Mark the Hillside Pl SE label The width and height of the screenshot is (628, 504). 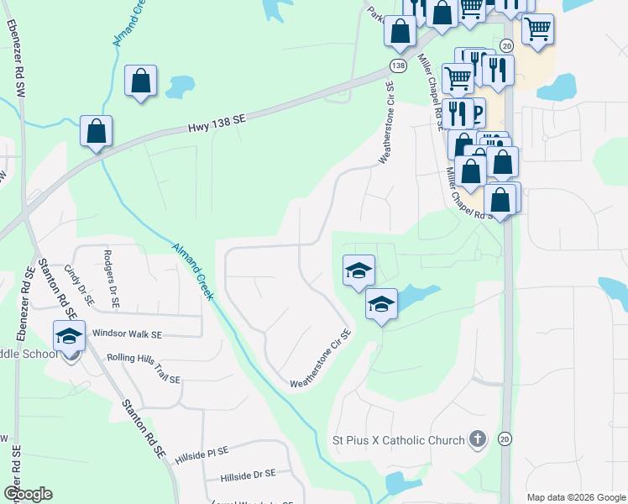pyautogui.click(x=201, y=455)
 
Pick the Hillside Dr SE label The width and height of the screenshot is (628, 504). pyautogui.click(x=248, y=475)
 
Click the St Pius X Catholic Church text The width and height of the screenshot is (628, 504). pyautogui.click(x=398, y=440)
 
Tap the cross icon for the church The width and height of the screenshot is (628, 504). pyautogui.click(x=477, y=438)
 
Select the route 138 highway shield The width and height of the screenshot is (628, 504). pyautogui.click(x=397, y=64)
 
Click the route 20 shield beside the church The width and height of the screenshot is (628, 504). pyautogui.click(x=504, y=438)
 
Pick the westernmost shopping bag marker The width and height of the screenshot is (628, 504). pyautogui.click(x=97, y=131)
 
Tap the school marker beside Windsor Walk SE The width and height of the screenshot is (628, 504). pyautogui.click(x=69, y=336)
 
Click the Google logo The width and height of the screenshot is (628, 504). pyautogui.click(x=28, y=494)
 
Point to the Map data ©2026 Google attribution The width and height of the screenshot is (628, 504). pyautogui.click(x=575, y=497)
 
